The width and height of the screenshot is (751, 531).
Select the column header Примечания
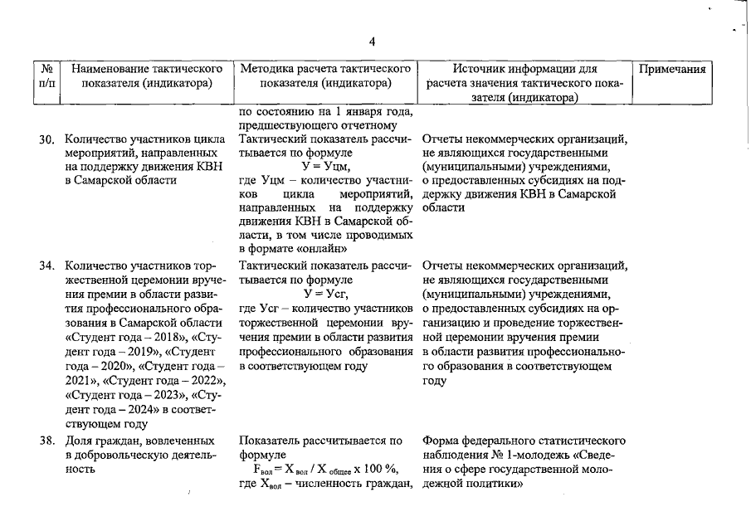click(672, 70)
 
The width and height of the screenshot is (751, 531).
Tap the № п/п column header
click(47, 76)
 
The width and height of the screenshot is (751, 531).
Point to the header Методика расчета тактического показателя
click(325, 76)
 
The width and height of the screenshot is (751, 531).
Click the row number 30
click(46, 140)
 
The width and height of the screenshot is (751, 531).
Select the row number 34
click(46, 267)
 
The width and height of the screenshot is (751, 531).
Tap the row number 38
click(46, 441)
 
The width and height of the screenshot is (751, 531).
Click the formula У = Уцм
click(326, 166)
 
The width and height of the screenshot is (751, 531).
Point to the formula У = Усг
click(326, 294)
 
